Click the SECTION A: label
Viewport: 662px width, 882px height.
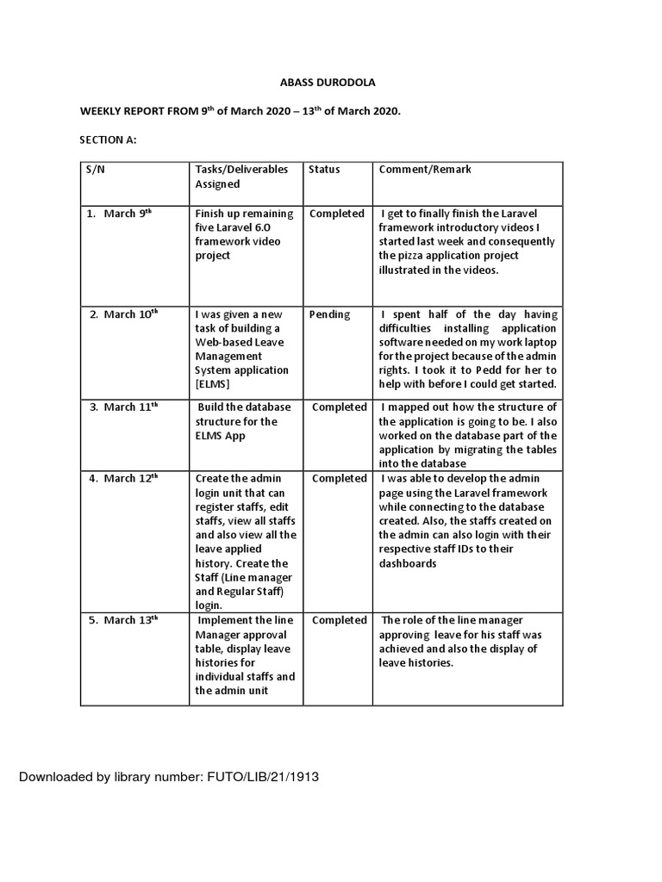(109, 140)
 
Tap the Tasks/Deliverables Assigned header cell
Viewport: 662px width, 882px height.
(242, 177)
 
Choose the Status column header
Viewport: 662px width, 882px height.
(324, 170)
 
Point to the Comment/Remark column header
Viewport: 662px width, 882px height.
(425, 170)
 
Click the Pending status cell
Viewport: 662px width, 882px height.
(329, 314)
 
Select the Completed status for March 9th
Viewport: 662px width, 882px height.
(337, 214)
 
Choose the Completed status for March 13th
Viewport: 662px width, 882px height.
(340, 620)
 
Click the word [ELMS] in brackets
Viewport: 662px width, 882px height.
(214, 385)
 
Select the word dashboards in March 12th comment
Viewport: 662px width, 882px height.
(408, 563)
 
